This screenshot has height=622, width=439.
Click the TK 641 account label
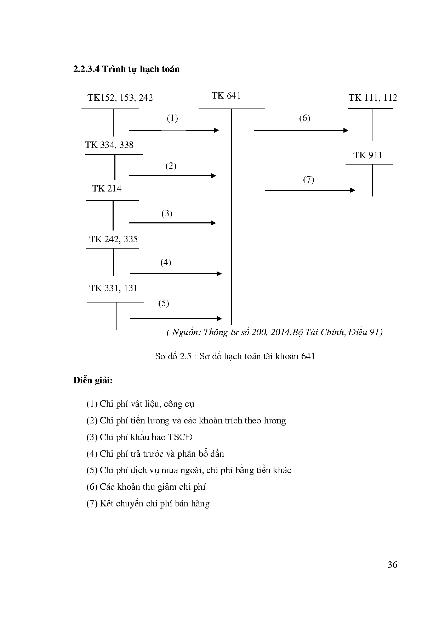click(x=226, y=95)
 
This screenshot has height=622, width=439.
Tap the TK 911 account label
click(x=368, y=155)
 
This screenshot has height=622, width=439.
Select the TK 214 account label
click(x=107, y=189)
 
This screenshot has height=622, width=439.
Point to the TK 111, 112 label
click(x=373, y=98)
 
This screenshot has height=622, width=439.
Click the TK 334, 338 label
click(x=109, y=145)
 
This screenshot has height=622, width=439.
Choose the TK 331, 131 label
click(x=113, y=288)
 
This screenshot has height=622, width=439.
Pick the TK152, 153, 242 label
click(x=120, y=98)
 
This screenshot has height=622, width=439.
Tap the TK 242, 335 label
click(x=113, y=239)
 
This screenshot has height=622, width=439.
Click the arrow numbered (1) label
click(x=172, y=118)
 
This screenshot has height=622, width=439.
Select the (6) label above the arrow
click(x=304, y=118)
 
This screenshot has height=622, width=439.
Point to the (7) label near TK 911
click(x=308, y=180)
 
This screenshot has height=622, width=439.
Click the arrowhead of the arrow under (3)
click(x=213, y=223)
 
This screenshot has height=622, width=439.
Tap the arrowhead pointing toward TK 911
click(x=353, y=190)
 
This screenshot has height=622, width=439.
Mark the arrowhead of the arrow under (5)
click(x=219, y=318)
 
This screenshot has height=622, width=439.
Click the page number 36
click(x=392, y=565)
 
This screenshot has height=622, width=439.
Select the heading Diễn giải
click(x=93, y=381)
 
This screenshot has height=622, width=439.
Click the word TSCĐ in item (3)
click(x=180, y=437)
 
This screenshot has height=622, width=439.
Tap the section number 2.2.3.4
click(x=86, y=69)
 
